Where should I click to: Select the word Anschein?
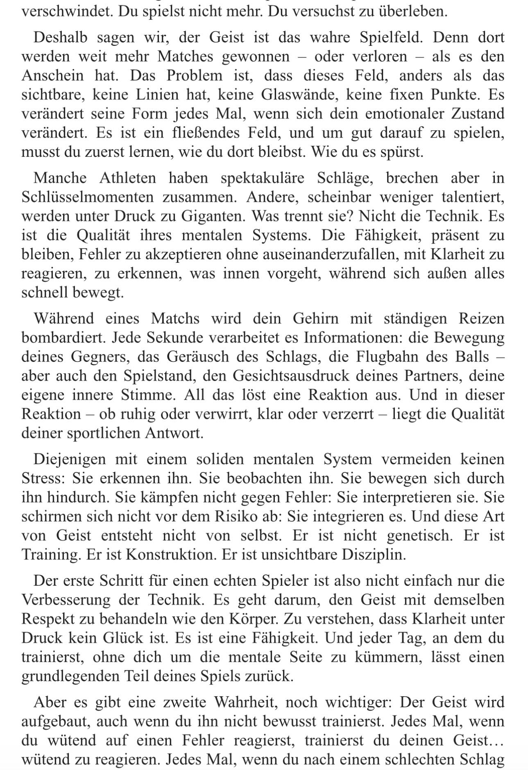coord(53,76)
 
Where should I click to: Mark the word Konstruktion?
coord(172,555)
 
